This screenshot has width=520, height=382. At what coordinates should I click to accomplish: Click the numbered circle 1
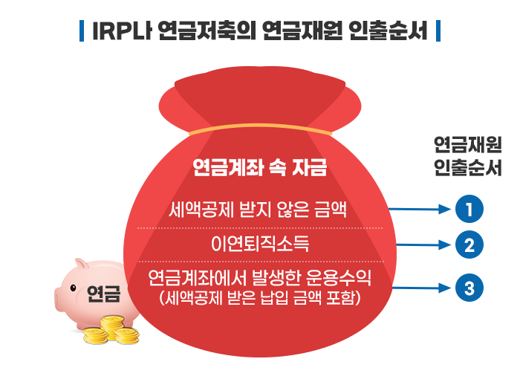[x=469, y=209]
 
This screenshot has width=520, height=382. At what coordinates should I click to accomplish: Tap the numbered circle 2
[x=469, y=245]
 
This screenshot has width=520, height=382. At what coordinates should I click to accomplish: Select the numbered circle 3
[x=469, y=288]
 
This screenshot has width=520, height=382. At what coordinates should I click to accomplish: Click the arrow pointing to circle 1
[x=420, y=209]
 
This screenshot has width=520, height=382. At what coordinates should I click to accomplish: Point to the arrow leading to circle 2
[x=423, y=245]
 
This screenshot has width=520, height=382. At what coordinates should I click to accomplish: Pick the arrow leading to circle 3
[x=421, y=288]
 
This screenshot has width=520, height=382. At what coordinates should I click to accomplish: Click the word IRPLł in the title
[x=122, y=31]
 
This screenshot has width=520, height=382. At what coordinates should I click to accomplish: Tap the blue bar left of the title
[x=82, y=31]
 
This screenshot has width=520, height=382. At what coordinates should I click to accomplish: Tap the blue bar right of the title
[x=438, y=31]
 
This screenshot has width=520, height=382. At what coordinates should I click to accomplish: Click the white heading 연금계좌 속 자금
[x=260, y=167]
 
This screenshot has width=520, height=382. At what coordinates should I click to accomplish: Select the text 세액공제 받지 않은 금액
[x=258, y=210]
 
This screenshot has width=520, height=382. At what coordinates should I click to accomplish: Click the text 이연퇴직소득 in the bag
[x=260, y=244]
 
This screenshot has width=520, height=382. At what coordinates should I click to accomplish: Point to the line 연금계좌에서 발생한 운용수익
[x=259, y=277]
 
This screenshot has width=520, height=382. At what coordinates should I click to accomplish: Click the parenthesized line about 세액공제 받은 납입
[x=260, y=298]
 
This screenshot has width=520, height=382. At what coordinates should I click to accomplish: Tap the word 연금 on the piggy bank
[x=104, y=294]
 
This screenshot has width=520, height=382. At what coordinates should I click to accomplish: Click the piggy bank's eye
[x=73, y=288]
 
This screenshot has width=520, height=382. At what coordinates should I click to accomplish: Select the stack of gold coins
[x=111, y=330]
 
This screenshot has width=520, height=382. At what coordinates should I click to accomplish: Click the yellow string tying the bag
[x=260, y=129]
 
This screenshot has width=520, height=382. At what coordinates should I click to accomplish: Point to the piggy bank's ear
[x=82, y=265]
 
